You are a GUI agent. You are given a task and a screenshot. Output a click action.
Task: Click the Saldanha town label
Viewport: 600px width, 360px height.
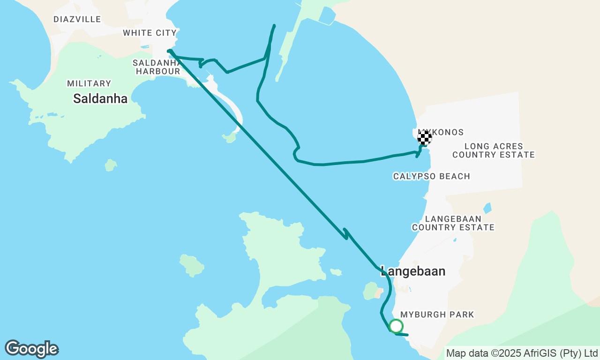pos(100,99)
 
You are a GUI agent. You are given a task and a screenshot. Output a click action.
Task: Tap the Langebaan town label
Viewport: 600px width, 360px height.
pos(413,271)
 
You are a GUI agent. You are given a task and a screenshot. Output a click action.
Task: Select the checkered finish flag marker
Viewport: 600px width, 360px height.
pos(425,137)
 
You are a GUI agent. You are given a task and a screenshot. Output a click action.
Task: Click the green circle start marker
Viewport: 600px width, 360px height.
pos(396,326)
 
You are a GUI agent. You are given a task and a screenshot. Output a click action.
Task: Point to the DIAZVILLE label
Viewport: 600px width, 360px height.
pos(77,19)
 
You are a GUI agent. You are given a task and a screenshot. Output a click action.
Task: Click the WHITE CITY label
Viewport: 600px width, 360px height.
pos(150,33)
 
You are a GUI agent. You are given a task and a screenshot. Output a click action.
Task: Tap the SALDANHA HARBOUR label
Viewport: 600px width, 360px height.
pos(157,67)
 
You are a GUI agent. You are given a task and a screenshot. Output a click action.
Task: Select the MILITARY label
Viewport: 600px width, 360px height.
pos(89,83)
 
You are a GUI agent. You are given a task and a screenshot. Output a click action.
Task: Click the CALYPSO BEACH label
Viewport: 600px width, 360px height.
pos(431,176)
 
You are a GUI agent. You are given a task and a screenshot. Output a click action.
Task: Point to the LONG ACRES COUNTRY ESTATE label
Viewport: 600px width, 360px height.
pos(494,150)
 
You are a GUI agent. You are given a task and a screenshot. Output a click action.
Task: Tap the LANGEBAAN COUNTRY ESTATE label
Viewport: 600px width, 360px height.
pos(453,223)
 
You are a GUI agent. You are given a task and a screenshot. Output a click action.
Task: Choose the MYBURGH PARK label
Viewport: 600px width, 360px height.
pos(437,315)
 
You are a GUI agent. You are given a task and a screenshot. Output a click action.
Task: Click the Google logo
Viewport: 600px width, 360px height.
pos(31,349)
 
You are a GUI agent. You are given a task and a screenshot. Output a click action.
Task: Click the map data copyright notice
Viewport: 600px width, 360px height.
pos(522,353)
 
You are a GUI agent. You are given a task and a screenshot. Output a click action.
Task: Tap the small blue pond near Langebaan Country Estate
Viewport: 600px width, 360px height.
pos(488,208)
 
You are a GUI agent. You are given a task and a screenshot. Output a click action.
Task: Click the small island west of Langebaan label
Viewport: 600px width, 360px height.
pos(370,290)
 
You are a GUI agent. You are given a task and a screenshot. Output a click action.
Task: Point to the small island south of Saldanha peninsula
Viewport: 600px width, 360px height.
pos(111,165)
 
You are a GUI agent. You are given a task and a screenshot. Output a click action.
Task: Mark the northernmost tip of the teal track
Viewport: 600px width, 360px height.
pos(274,25)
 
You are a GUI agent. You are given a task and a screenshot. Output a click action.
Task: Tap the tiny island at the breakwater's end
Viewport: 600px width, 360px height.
pos(230,137)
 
